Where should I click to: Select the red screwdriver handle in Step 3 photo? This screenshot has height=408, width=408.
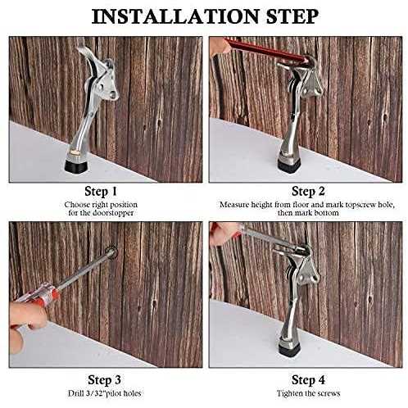coord(37,303)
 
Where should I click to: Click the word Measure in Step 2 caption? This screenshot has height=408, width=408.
coord(235,204)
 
